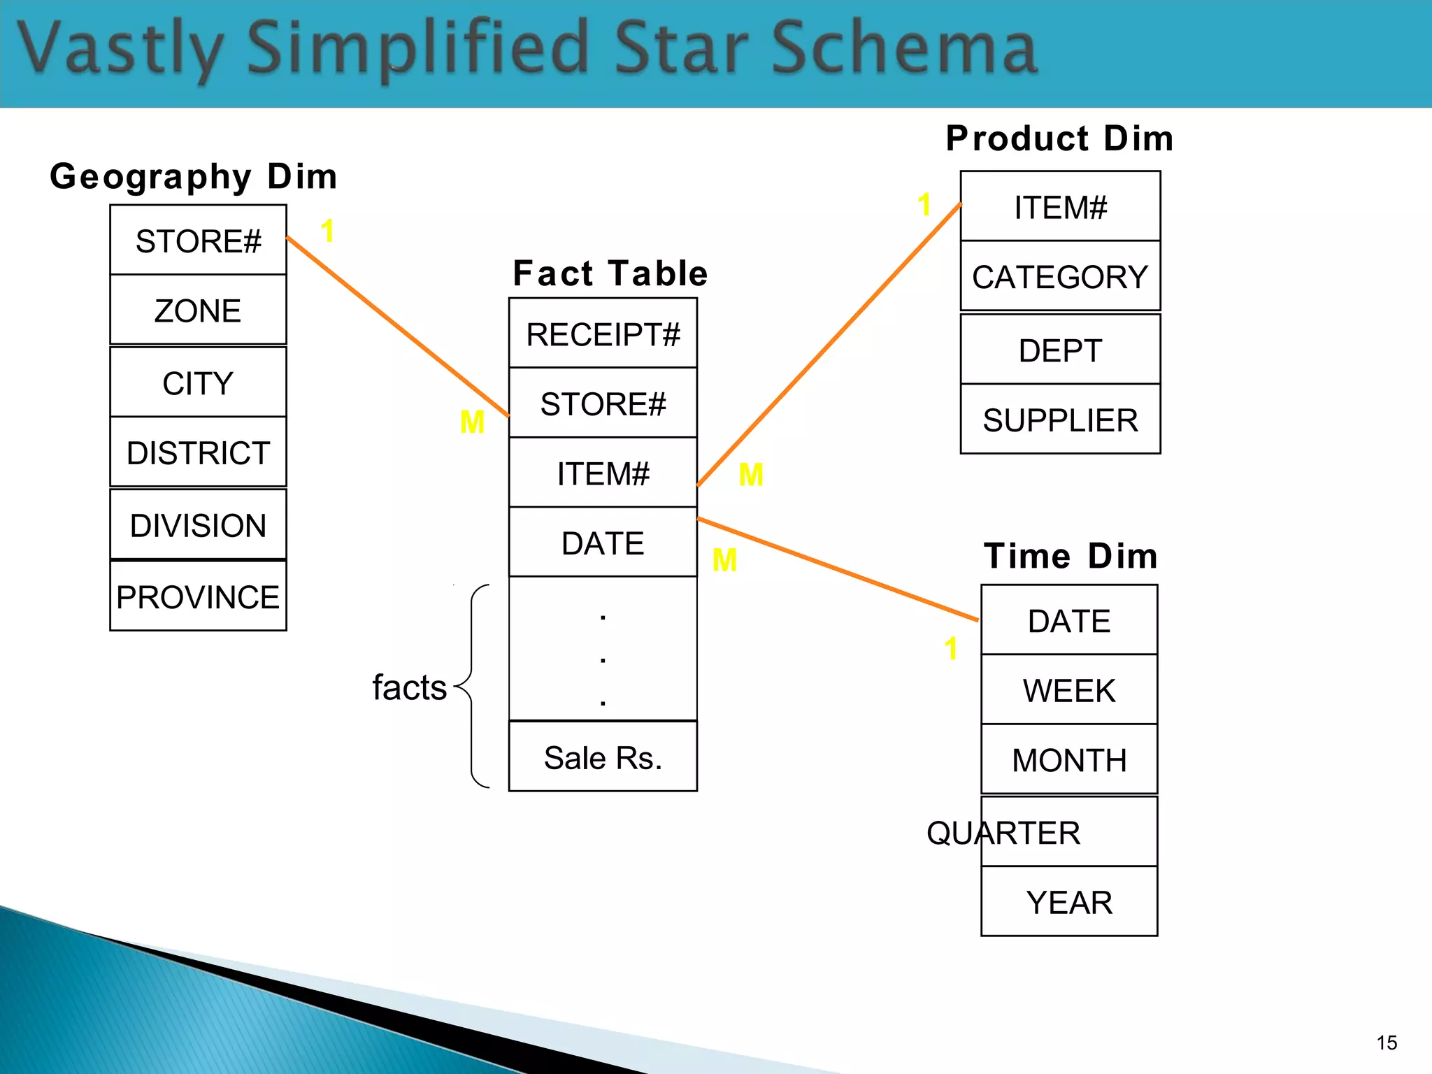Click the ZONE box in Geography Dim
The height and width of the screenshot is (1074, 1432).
coord(198,310)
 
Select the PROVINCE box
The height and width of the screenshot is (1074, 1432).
coord(198,596)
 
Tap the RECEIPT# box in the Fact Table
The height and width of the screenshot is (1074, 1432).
coord(603,334)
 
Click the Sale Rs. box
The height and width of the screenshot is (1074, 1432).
coord(603,757)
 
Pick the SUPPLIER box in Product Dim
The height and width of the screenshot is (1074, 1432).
coord(1060,420)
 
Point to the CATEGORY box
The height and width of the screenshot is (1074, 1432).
coord(1060,277)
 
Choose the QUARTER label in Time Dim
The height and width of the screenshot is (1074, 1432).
coord(1003,832)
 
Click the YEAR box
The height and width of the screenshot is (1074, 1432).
coord(1069,902)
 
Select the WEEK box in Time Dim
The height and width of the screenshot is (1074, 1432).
coord(1069,690)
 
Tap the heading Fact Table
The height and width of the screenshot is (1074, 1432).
coord(610,273)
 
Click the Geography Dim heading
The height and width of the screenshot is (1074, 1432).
coord(194,176)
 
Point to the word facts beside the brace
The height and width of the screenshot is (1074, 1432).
coord(409,687)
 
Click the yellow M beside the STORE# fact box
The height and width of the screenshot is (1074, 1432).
coord(472,422)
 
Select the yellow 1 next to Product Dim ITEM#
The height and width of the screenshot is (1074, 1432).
coord(924,205)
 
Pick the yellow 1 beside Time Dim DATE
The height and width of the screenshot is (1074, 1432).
coord(951,648)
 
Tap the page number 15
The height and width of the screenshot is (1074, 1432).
coord(1387,1043)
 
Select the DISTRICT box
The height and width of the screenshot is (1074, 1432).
coord(198,452)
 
